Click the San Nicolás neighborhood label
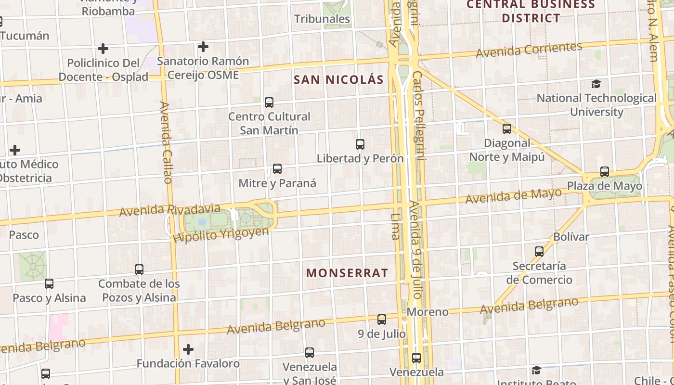[x=338, y=80]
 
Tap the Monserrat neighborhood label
[x=347, y=273]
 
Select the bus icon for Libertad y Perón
[x=360, y=144]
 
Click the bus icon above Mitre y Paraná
[x=277, y=169]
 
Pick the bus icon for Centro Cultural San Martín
[x=269, y=102]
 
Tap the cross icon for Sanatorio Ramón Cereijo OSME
[x=203, y=47]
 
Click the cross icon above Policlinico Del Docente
[x=103, y=49]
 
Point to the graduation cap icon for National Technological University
[x=596, y=84]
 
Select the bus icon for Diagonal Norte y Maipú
[x=506, y=129]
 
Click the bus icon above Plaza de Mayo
[x=604, y=172]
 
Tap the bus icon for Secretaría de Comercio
[x=539, y=252]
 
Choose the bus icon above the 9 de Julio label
[x=381, y=319]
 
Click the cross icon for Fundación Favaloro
[x=188, y=349]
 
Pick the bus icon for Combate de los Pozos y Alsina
[x=139, y=269]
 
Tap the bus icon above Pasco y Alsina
[x=49, y=284]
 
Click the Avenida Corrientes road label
[x=529, y=50]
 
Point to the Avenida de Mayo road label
[x=513, y=195]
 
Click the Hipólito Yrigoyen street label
[x=221, y=234]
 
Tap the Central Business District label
[x=531, y=11]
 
